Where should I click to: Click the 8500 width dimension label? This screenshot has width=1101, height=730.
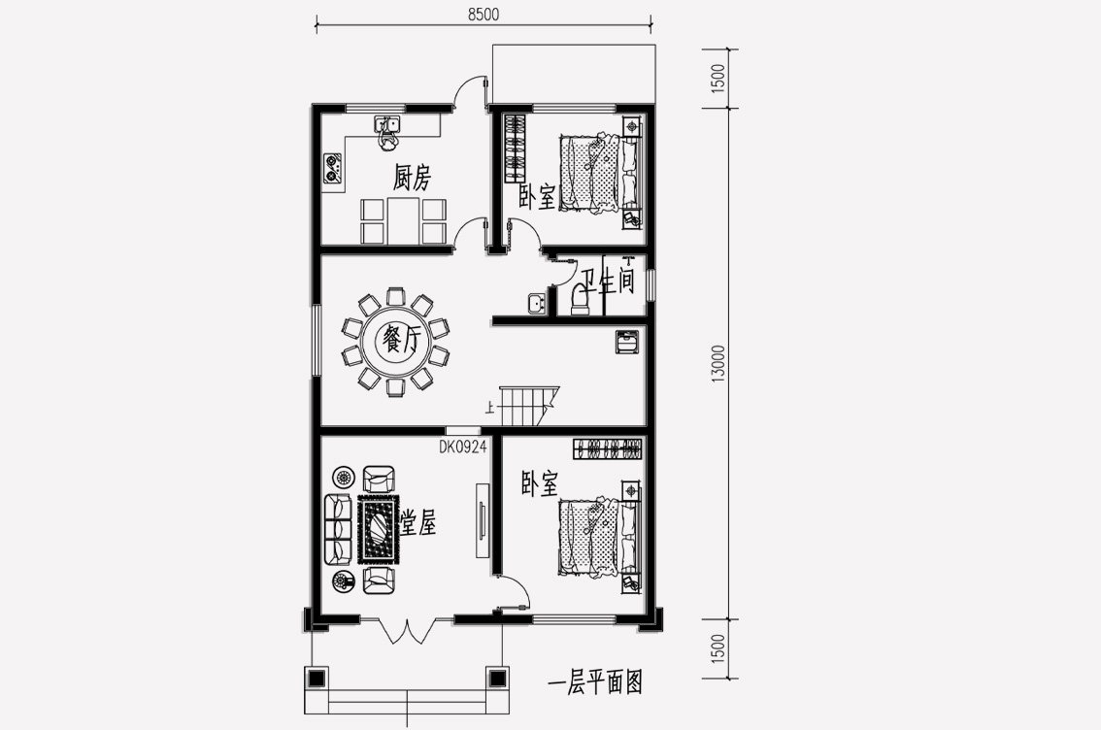click(484, 14)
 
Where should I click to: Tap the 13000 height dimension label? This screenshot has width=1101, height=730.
click(717, 364)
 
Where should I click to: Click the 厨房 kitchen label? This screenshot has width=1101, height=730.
click(412, 178)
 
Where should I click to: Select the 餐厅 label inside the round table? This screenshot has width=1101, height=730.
click(400, 341)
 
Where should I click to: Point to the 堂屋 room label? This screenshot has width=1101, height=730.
click(418, 522)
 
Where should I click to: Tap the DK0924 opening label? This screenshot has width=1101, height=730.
click(463, 448)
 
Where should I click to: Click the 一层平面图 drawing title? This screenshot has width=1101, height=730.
click(595, 681)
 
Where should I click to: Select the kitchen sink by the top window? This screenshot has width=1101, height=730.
click(386, 125)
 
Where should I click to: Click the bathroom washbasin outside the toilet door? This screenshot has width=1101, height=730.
click(538, 304)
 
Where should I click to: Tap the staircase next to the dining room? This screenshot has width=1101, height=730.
click(529, 405)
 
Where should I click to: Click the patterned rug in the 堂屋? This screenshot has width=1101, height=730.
click(379, 528)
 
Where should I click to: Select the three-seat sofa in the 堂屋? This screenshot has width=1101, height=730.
click(337, 530)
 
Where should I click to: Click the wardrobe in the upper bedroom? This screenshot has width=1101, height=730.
click(515, 149)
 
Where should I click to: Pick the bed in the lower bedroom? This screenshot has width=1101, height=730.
click(599, 536)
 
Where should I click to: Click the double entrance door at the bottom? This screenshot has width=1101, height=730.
click(406, 630)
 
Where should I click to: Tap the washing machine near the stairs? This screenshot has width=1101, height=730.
click(627, 342)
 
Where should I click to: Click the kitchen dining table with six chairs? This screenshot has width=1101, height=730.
click(403, 220)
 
